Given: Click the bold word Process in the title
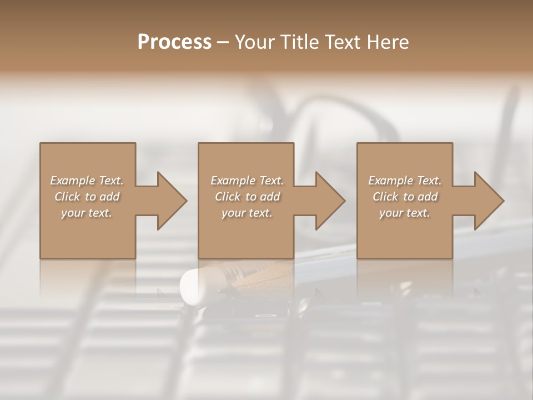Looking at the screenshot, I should click(174, 42).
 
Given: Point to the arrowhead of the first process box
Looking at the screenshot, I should click(170, 201).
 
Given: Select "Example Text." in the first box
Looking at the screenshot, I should click(87, 181).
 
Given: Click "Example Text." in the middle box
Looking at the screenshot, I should click(247, 181).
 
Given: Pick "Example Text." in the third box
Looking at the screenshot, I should click(405, 181).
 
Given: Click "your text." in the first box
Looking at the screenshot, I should click(87, 213).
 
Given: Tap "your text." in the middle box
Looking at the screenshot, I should click(247, 213).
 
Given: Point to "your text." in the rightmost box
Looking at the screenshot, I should click(405, 213).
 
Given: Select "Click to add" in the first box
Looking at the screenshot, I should click(87, 197).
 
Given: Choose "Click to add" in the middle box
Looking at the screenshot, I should click(247, 197).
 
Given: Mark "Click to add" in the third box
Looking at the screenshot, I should click(405, 197).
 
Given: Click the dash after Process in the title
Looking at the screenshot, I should click(223, 43).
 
